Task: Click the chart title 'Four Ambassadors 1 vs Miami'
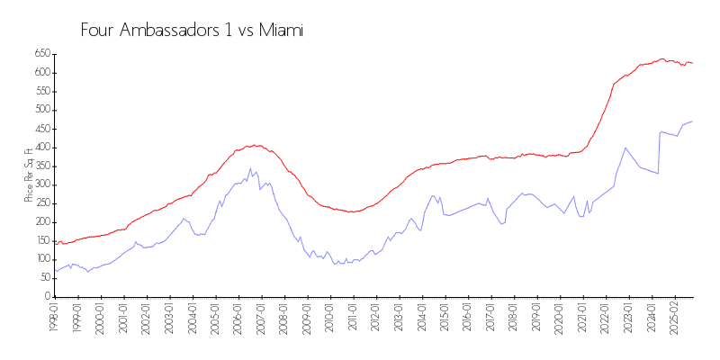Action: click(192, 30)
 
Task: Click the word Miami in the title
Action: click(281, 30)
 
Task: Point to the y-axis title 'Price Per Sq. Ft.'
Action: click(29, 175)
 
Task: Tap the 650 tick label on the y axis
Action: click(40, 54)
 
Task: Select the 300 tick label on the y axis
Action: click(40, 184)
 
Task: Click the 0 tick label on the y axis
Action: click(46, 296)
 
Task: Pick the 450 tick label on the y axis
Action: click(40, 129)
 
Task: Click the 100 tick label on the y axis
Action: click(40, 259)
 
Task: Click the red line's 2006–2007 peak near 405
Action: click(256, 145)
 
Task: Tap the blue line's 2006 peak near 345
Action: click(250, 168)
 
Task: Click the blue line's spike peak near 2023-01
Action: click(625, 148)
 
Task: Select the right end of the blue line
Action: click(692, 121)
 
